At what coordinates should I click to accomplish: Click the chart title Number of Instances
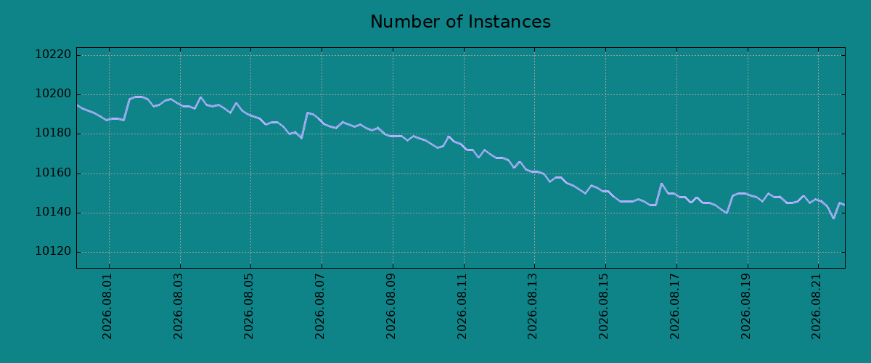point(460,22)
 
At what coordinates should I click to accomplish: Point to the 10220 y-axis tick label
point(53,54)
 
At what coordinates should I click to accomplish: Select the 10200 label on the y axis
point(53,94)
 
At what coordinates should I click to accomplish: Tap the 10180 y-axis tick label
point(53,134)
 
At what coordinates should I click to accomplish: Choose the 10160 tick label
point(53,173)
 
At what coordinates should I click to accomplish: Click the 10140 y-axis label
point(53,213)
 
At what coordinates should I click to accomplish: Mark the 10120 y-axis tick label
point(53,252)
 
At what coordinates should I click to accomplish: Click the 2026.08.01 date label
point(107,306)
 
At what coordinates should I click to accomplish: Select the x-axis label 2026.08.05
point(248,306)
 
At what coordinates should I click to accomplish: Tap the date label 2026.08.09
point(390,306)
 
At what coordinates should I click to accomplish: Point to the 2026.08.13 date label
point(532,306)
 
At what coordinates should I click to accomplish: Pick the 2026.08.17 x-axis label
point(674,306)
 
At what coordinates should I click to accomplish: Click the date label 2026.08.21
point(816,306)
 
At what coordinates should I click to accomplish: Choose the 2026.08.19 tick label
point(746,306)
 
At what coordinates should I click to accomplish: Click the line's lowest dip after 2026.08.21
point(834,219)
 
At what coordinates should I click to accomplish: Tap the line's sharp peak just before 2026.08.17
point(661,184)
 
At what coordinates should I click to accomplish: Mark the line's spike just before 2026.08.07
point(308,113)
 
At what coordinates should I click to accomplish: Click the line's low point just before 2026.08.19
point(727,213)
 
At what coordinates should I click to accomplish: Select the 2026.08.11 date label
point(462,306)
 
